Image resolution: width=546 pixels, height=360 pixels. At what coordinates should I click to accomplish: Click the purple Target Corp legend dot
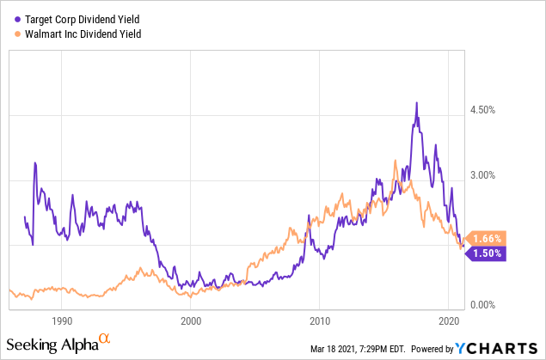pos(19,19)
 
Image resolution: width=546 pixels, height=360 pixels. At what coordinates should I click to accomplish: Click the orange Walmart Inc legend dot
pos(19,34)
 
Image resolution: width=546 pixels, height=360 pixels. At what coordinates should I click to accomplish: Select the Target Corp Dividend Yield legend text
pos(82,19)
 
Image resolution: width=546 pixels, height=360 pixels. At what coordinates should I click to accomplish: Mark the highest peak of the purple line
pos(417,103)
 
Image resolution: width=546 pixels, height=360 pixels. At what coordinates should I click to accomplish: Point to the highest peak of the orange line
pos(395,160)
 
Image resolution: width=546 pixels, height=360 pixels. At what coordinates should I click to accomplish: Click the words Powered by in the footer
pos(432,348)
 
